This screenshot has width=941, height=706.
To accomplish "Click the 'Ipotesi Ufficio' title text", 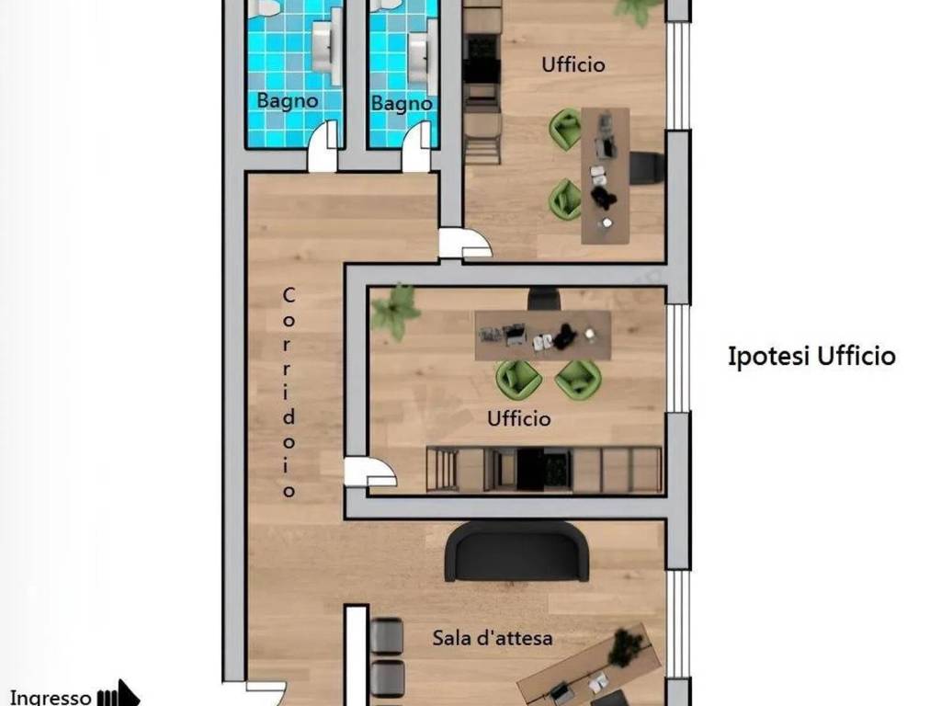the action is point(811,356).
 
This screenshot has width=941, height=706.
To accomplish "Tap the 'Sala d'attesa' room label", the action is point(493,638).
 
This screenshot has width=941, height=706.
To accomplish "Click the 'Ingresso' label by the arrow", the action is point(51,698).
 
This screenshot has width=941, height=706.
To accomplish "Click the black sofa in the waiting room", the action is point(516,552).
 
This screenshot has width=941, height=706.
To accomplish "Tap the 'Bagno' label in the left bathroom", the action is point(288,100).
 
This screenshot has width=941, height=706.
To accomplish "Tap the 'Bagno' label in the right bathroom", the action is point(402,103).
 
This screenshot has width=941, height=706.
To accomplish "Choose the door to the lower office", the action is point(369,473).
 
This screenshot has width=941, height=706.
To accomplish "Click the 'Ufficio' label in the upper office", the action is point(573,64).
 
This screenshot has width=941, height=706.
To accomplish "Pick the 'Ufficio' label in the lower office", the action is point(519,418).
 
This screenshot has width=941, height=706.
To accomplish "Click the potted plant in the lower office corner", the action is point(394,311).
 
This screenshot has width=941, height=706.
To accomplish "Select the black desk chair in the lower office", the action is point(544,299).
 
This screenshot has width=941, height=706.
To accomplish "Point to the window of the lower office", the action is point(679,358).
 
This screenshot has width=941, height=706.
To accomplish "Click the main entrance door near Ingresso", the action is point(265,693).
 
